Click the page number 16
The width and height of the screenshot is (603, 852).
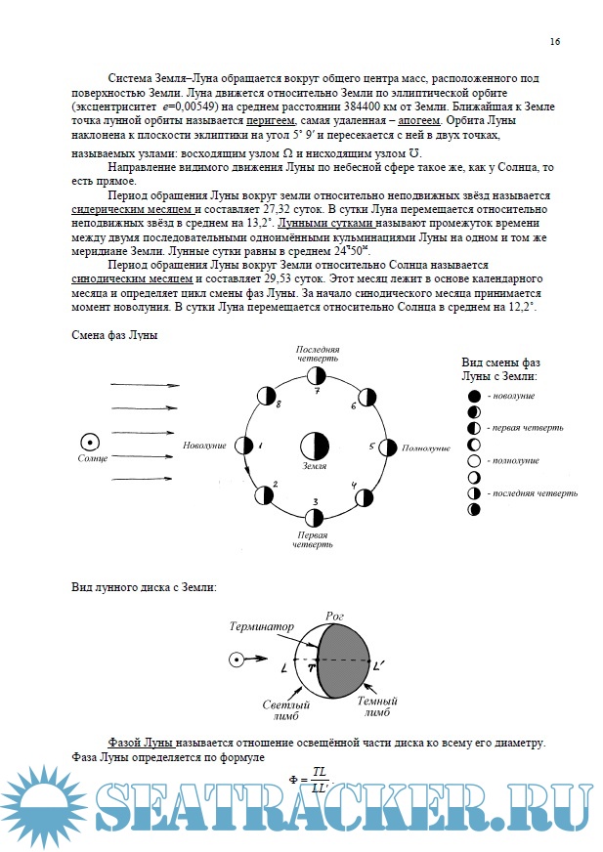pos(554,42)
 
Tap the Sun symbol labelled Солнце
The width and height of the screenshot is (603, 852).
pos(89,442)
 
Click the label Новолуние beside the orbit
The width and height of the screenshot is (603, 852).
pos(204,446)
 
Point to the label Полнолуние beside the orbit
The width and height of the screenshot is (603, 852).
pos(426,447)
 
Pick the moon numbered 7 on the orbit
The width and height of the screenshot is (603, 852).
pos(315,375)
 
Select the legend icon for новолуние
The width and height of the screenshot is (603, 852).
pos(474,396)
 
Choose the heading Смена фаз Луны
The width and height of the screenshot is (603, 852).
pos(115,335)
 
